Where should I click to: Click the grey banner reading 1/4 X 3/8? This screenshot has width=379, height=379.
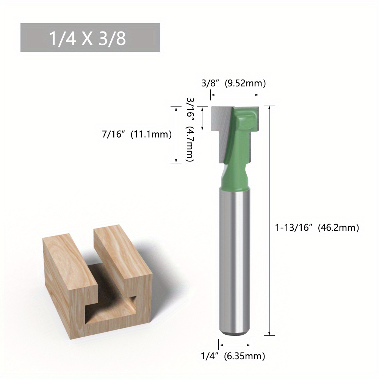tap(90, 38)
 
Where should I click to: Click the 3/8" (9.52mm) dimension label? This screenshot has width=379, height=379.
tap(233, 83)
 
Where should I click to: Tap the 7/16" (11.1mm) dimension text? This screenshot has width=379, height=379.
tap(136, 134)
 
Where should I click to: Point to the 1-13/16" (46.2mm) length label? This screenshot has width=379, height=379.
tap(316, 227)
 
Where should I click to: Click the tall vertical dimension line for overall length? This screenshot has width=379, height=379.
tap(269, 220)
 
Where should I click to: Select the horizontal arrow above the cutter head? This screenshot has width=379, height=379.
tap(235, 95)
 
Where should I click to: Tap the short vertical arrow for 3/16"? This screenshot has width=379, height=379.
tap(204, 119)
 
